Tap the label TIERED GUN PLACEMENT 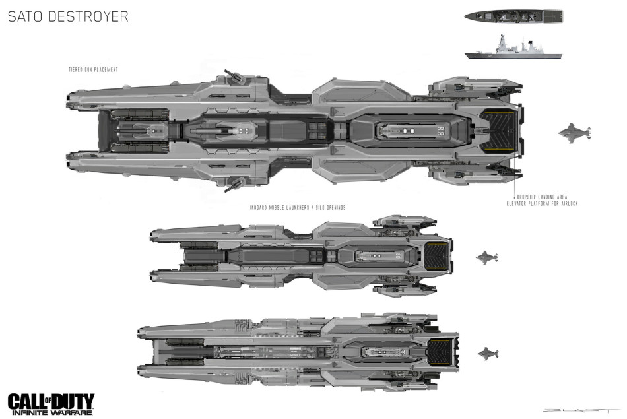(x=93, y=70)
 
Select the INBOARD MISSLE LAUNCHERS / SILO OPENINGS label (x=298, y=207)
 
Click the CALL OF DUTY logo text (x=51, y=400)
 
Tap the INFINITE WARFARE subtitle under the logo (x=51, y=412)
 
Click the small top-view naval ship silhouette (x=513, y=15)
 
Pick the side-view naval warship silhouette (x=513, y=50)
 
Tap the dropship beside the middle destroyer (x=486, y=257)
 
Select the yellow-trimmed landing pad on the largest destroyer (x=496, y=131)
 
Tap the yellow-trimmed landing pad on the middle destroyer (x=436, y=256)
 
